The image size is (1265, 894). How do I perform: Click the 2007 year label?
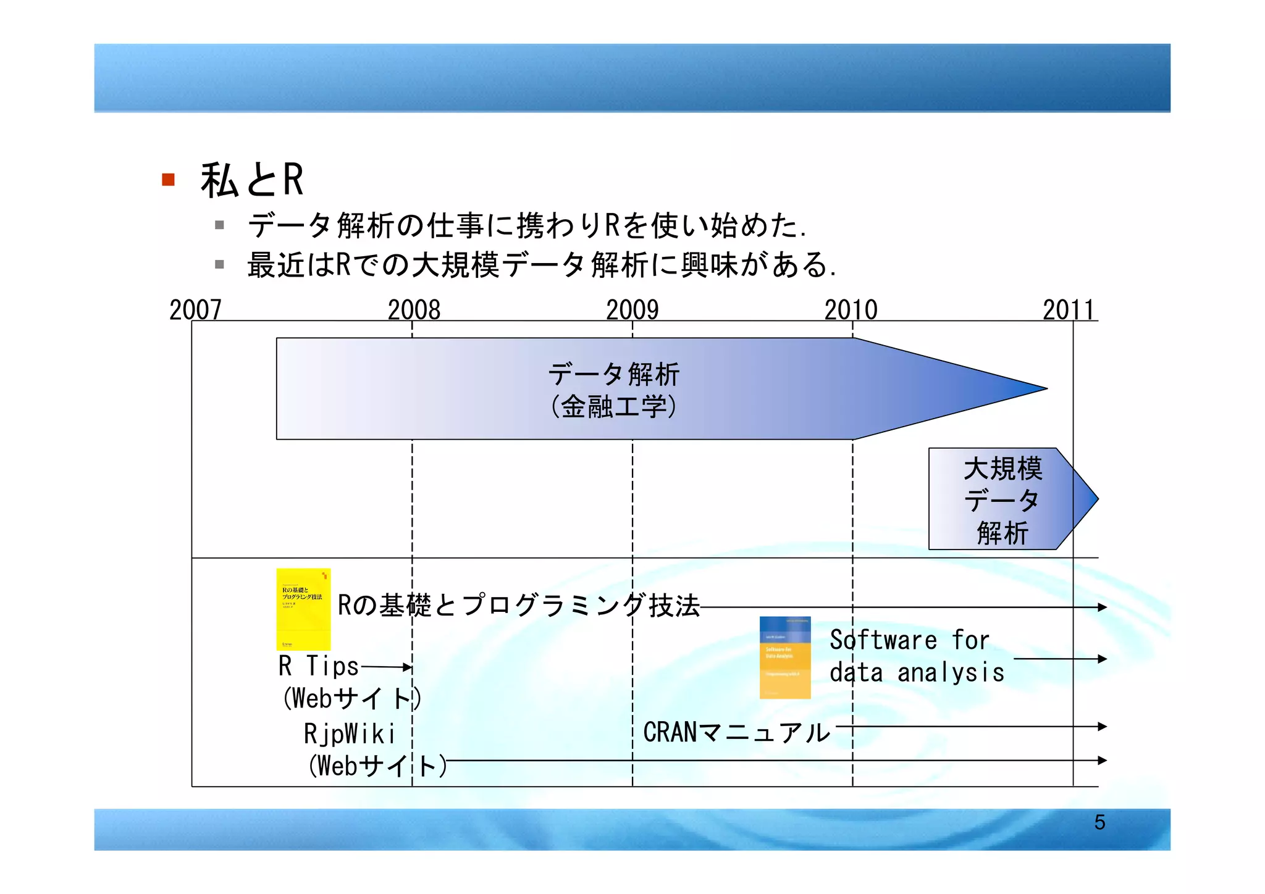point(195,309)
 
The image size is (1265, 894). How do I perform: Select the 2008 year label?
point(414,309)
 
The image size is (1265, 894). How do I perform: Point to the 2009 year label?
point(632,309)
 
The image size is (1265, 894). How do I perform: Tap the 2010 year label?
point(851,309)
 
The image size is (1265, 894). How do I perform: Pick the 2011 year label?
point(1068,309)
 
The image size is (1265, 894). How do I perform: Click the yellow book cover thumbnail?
point(303,609)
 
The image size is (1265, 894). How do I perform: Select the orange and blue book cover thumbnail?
point(785,658)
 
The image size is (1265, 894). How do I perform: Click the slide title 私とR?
point(251,180)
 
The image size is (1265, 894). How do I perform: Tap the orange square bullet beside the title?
point(168,180)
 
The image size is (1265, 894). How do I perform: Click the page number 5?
point(1099,822)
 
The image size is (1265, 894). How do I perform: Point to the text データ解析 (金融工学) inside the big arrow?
point(613,390)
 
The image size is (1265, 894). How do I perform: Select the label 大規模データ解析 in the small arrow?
point(1002,500)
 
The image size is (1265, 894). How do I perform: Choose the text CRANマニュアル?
point(736,732)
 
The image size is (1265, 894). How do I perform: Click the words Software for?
point(909,640)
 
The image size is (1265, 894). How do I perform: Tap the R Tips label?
point(319,666)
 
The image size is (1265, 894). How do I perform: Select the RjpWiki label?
point(349,734)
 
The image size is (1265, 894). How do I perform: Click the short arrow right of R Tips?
point(387,667)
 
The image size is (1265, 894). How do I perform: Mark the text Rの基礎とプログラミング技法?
point(518,606)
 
